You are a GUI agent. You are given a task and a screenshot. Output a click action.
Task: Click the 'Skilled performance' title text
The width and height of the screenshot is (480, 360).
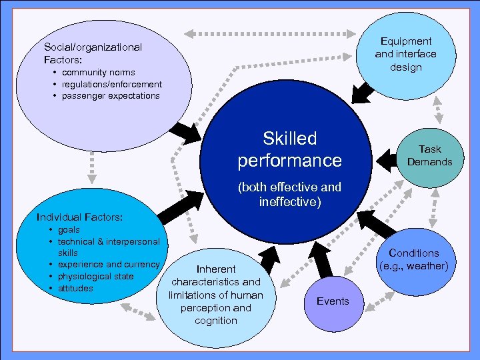pyautogui.click(x=289, y=149)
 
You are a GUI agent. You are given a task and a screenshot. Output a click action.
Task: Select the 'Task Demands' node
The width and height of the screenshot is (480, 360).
pyautogui.click(x=431, y=155)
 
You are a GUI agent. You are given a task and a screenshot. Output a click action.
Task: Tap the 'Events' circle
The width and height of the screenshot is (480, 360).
pyautogui.click(x=333, y=301)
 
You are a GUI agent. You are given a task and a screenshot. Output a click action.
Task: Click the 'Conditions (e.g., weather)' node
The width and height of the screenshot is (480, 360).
pyautogui.click(x=413, y=260)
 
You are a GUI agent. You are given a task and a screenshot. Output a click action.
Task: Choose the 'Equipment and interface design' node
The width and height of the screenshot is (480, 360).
pyautogui.click(x=405, y=54)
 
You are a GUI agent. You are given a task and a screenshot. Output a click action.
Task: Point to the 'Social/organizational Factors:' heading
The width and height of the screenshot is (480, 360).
pyautogui.click(x=93, y=53)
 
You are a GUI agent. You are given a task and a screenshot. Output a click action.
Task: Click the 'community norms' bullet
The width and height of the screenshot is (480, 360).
pyautogui.click(x=98, y=72)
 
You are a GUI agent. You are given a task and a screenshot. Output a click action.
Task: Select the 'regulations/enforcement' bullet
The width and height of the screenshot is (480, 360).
pyautogui.click(x=111, y=84)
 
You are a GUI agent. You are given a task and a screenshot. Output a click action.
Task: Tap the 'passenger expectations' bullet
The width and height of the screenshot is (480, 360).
pyautogui.click(x=111, y=95)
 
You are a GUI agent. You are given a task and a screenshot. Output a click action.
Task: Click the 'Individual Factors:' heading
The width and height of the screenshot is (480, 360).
pyautogui.click(x=79, y=217)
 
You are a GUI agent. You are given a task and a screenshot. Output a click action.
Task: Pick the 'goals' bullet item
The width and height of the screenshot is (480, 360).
pyautogui.click(x=69, y=229)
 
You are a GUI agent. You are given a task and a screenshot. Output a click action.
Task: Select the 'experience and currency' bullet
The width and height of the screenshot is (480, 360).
pyautogui.click(x=108, y=265)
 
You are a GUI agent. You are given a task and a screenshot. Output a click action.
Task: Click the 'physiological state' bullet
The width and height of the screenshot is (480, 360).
pyautogui.click(x=95, y=276)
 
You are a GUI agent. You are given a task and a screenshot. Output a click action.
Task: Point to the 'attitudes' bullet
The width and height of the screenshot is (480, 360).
pyautogui.click(x=75, y=288)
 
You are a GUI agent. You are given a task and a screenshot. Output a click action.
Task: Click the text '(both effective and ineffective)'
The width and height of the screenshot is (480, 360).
pyautogui.click(x=289, y=194)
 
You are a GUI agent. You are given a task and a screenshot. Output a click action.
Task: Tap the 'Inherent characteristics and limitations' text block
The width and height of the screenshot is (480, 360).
pyautogui.click(x=216, y=295)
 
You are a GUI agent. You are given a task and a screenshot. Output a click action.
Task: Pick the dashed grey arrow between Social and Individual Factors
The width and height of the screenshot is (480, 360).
pyautogui.click(x=92, y=170)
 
